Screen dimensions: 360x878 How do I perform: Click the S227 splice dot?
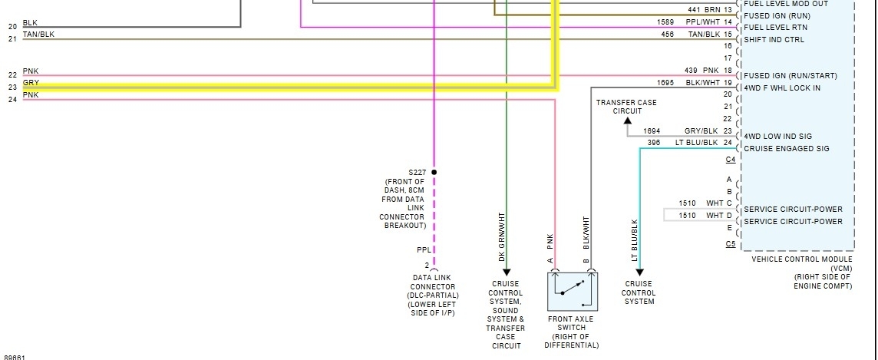tap(434, 172)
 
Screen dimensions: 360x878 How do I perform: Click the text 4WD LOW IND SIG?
tap(777, 137)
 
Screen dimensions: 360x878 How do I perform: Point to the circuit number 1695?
tap(665, 82)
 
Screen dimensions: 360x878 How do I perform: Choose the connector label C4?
tap(730, 160)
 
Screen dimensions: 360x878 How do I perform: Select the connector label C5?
tap(730, 245)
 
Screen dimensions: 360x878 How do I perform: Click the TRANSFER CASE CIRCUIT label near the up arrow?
tap(627, 107)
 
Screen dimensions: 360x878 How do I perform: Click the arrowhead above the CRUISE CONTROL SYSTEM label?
tap(639, 272)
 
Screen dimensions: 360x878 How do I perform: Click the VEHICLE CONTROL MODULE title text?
tap(801, 259)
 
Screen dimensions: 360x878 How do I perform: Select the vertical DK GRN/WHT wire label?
tap(503, 238)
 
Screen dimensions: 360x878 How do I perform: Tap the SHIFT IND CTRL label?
tap(774, 40)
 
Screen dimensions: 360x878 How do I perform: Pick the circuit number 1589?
tap(665, 22)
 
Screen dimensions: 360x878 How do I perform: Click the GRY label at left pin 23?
tap(31, 83)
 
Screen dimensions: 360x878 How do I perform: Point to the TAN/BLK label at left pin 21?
tap(38, 35)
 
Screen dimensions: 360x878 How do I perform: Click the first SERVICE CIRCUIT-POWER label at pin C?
tap(793, 210)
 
